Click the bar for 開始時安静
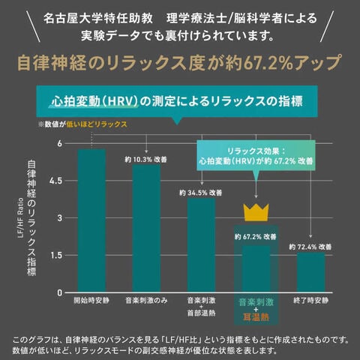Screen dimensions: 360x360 coord(91,220)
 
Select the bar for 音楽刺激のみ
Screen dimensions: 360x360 coord(146,228)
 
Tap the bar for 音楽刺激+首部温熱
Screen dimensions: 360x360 coord(201,245)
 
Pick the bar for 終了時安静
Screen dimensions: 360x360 coord(310,272)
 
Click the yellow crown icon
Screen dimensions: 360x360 coord(256,212)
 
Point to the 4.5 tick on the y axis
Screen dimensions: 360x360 coord(55,181)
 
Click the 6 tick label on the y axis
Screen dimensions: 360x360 coord(59,143)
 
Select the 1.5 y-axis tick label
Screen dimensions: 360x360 coord(56,255)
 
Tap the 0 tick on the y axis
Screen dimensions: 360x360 coord(59,292)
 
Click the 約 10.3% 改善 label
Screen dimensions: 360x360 coord(146,160)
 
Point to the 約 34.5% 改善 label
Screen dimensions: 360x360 coord(201,193)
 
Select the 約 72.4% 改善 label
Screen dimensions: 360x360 coord(310,247)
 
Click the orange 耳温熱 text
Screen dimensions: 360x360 coord(256,317)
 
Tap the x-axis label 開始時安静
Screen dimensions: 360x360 coord(91,301)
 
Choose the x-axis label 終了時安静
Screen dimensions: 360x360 coord(310,301)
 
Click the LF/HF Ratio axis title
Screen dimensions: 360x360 coord(21,218)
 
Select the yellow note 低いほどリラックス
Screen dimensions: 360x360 coord(97,124)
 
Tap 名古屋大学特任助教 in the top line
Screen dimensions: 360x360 coord(98,19)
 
